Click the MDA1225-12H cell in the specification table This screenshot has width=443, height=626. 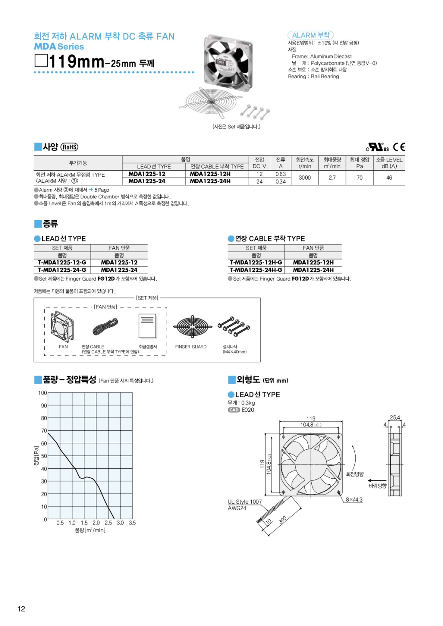pyautogui.click(x=210, y=174)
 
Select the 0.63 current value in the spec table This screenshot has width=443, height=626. pyautogui.click(x=281, y=174)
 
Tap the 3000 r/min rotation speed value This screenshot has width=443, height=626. pyautogui.click(x=305, y=178)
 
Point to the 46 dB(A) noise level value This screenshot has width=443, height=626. pyautogui.click(x=389, y=178)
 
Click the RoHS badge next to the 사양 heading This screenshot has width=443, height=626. pyautogui.click(x=69, y=147)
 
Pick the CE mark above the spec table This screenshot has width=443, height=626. pyautogui.click(x=399, y=147)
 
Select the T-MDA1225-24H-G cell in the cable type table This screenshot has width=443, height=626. pyautogui.click(x=256, y=270)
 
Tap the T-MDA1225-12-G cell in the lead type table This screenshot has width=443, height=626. pyautogui.click(x=62, y=262)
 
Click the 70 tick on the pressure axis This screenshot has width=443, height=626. pyautogui.click(x=44, y=431)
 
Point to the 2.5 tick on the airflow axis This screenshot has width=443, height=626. pyautogui.click(x=108, y=523)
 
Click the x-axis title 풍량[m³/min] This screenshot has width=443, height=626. pyautogui.click(x=90, y=530)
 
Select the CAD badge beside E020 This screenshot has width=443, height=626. pyautogui.click(x=234, y=410)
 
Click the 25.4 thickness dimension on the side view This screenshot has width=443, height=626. pyautogui.click(x=395, y=417)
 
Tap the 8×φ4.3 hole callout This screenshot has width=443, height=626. pyautogui.click(x=354, y=500)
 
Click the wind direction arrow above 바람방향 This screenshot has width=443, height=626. pyautogui.click(x=377, y=480)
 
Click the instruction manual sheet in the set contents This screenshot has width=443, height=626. pyautogui.click(x=147, y=326)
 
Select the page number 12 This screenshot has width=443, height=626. pyautogui.click(x=21, y=609)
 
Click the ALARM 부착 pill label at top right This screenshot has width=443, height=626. pyautogui.click(x=311, y=35)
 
